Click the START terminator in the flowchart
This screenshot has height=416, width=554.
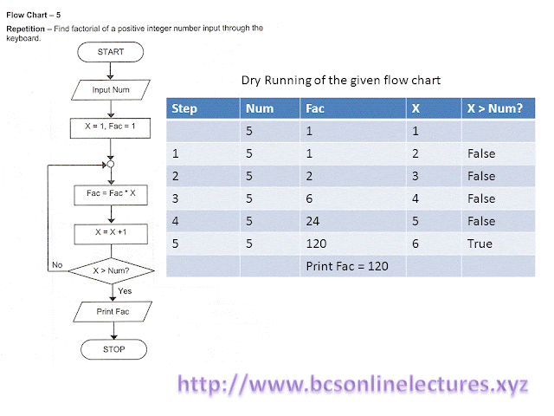click(110, 52)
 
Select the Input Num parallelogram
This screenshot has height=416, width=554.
click(110, 89)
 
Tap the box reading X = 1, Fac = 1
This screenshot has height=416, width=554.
click(110, 127)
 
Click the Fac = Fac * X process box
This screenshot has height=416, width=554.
click(110, 196)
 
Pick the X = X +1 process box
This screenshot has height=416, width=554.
click(110, 233)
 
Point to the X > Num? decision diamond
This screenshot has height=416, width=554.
click(110, 271)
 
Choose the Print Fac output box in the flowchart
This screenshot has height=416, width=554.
click(110, 311)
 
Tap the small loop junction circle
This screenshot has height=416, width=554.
click(110, 162)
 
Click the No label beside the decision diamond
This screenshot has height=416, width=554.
click(57, 264)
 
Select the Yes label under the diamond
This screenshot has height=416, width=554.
click(125, 291)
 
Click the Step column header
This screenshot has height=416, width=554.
click(185, 109)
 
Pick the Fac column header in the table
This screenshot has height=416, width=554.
click(315, 109)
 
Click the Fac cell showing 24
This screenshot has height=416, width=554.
click(313, 221)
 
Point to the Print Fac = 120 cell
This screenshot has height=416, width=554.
click(345, 266)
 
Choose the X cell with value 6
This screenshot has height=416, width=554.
click(416, 244)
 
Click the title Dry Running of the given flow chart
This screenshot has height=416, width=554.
click(340, 81)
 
